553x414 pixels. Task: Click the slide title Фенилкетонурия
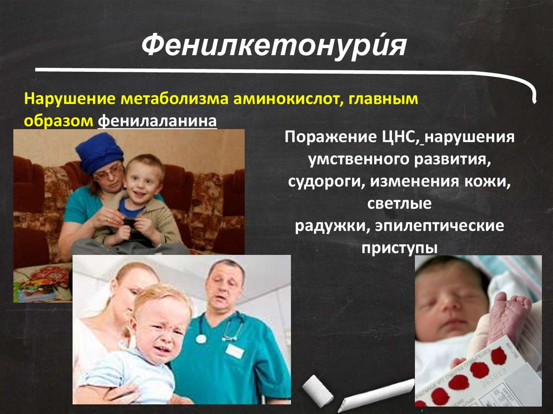click(x=274, y=46)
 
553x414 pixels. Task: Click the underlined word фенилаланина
click(x=157, y=121)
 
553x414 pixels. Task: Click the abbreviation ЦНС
click(x=397, y=138)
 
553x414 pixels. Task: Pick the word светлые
click(x=399, y=204)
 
